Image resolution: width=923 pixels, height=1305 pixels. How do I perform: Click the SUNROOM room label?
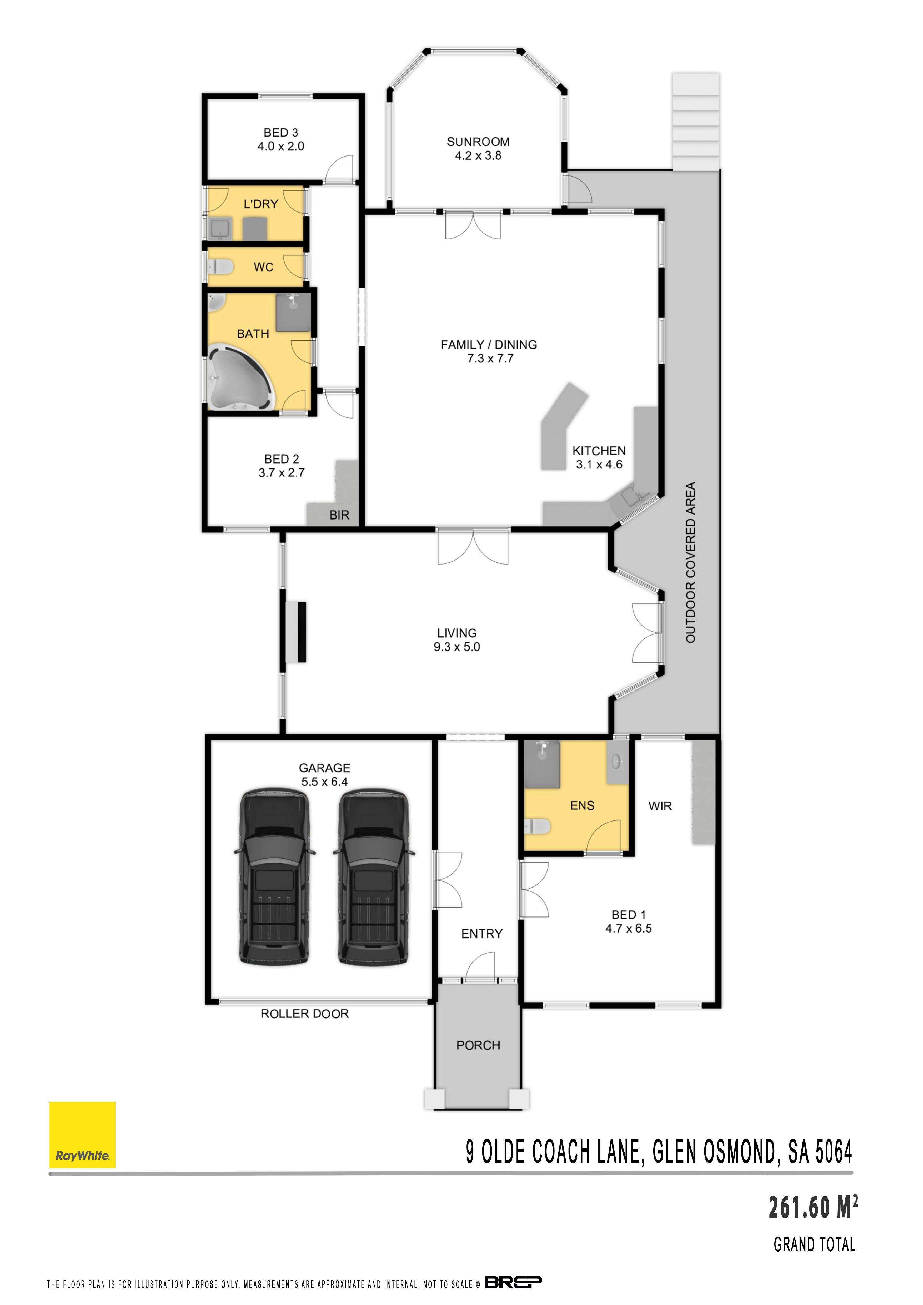point(478,142)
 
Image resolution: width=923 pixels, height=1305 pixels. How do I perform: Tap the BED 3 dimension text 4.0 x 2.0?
point(281,146)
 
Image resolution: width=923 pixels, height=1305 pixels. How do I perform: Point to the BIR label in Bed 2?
point(339,515)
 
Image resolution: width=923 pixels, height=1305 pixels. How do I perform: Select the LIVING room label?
point(457,633)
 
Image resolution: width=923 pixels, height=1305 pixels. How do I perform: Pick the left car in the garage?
point(274,876)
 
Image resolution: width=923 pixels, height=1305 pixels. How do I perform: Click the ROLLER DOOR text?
point(305,1014)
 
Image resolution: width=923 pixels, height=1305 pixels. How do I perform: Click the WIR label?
point(660,806)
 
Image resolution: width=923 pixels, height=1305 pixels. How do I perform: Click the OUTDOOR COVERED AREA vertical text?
point(691,563)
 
